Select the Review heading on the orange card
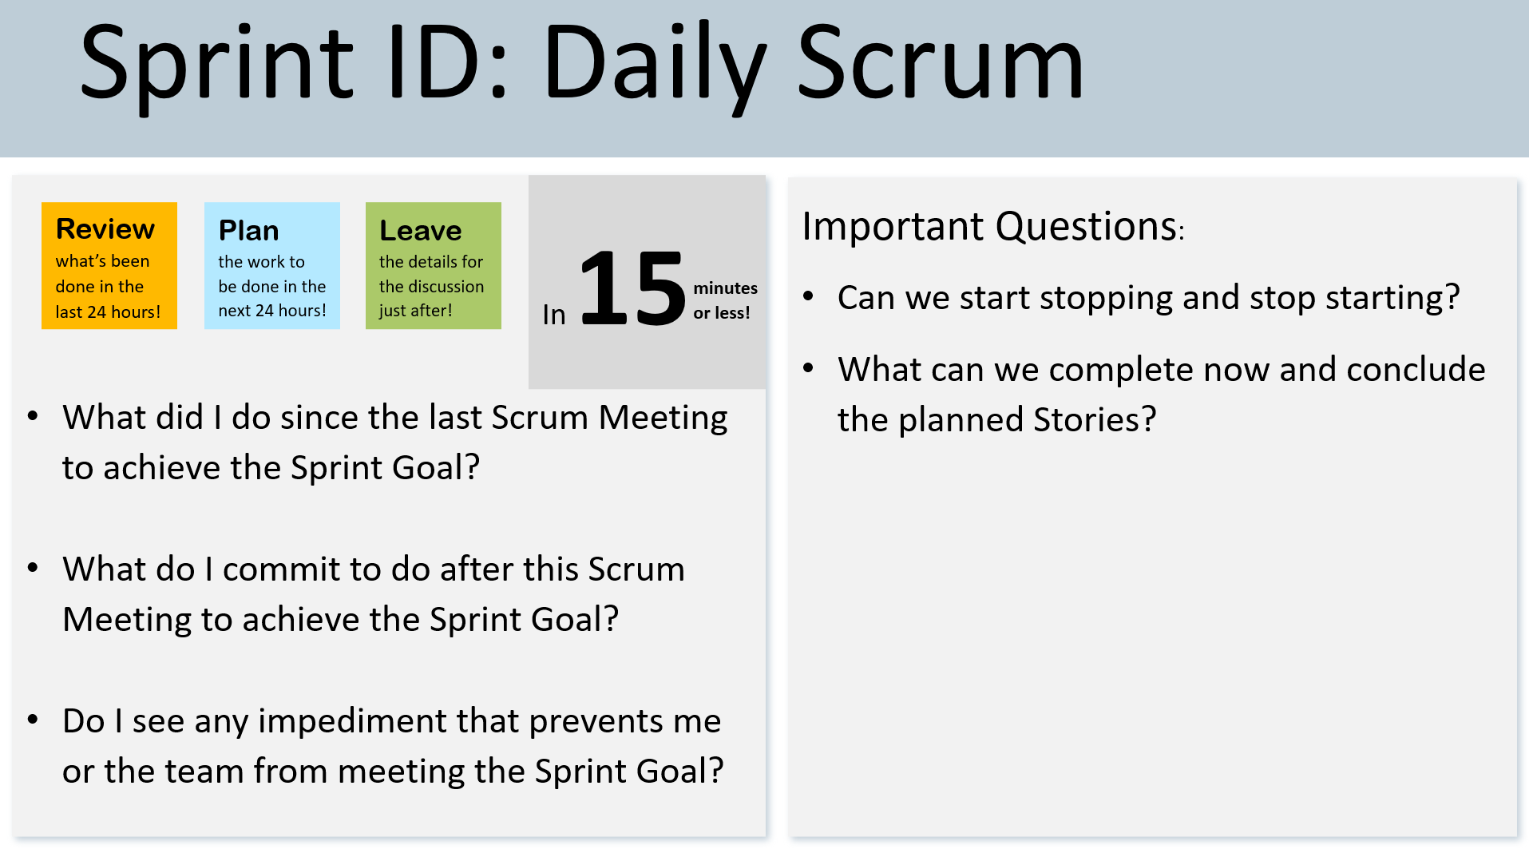pos(105,229)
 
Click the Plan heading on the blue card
pos(249,231)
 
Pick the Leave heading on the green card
pos(421,231)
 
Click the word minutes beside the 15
pos(725,288)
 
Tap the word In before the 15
pos(554,315)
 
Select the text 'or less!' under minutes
pos(722,313)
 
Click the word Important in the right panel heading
pos(893,227)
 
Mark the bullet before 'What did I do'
pos(33,416)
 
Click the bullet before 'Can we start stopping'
pos(808,296)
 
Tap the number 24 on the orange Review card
pos(95,312)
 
